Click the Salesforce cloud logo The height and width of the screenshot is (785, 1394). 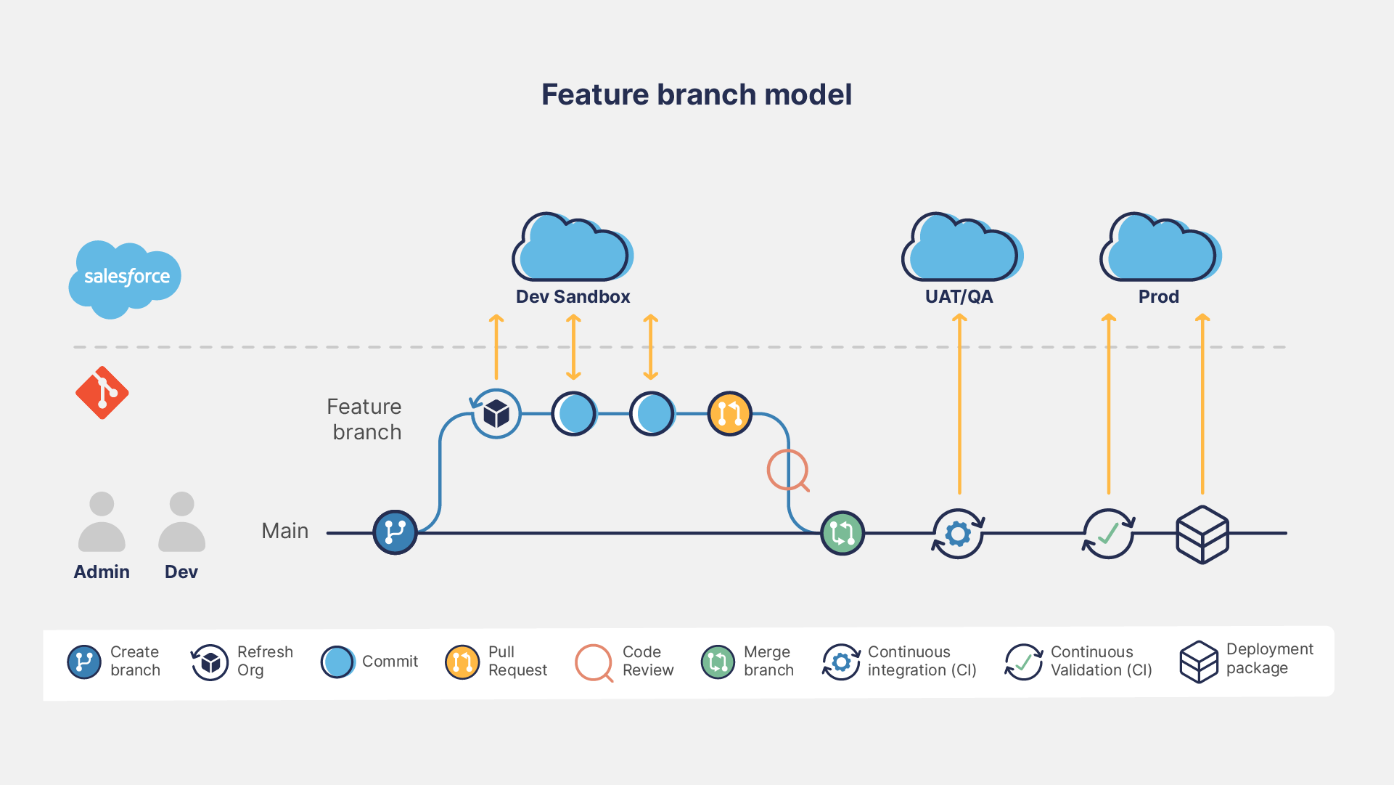coord(125,278)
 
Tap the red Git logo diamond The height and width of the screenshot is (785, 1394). coord(102,393)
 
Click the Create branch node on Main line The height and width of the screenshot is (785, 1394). coord(395,532)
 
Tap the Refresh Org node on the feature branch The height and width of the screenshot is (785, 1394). coord(496,414)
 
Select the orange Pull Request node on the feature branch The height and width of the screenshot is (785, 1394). coord(729,414)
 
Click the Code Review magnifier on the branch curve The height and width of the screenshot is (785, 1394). coord(787,470)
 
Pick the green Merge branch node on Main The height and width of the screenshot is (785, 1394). coord(842,533)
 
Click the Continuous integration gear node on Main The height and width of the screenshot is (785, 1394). coord(958,534)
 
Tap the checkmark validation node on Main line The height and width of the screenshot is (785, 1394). coord(1108,534)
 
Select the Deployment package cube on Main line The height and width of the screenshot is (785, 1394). coord(1202,534)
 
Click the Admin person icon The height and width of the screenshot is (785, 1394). coord(102,522)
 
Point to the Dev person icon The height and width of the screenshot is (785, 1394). coord(181,522)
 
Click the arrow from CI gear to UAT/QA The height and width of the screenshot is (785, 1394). coord(959,407)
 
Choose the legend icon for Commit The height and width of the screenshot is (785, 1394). coord(337,662)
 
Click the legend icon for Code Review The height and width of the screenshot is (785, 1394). coord(594,662)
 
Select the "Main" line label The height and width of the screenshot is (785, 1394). coord(284,531)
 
